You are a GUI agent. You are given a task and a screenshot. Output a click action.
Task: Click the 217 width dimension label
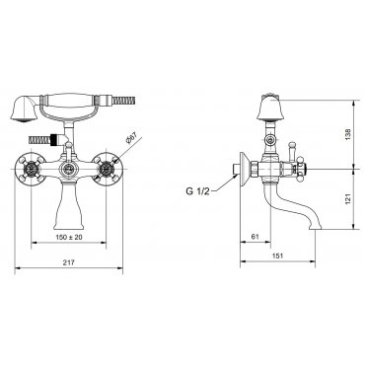[69, 262]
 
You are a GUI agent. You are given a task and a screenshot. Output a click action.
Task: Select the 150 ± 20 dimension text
[69, 237]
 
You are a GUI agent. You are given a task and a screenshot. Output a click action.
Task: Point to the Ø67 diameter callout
[131, 139]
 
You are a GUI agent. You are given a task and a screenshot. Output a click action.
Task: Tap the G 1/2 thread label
[197, 191]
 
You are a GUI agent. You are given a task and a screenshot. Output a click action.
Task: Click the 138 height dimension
[348, 134]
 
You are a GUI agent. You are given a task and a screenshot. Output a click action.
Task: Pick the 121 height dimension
[348, 198]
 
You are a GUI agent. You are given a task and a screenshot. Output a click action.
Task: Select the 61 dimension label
[255, 236]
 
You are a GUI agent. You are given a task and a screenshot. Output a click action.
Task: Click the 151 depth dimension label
[278, 255]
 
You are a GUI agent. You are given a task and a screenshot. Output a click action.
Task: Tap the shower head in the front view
[23, 109]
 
